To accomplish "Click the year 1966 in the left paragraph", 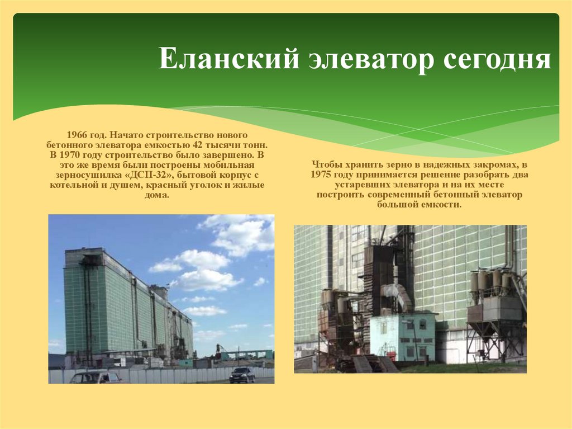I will [77, 135].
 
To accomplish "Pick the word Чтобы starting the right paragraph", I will [326, 165].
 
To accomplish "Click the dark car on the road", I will [242, 374].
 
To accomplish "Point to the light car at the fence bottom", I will [96, 378].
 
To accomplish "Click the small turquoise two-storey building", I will [402, 336].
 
